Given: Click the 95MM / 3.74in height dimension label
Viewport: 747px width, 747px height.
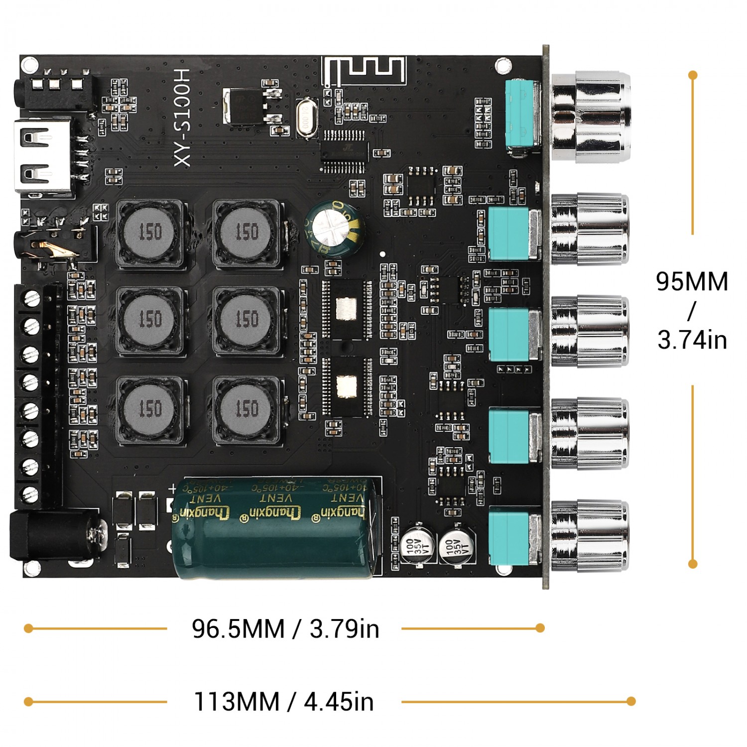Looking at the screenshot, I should (x=692, y=310).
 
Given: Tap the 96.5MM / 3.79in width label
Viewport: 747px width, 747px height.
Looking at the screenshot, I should (x=285, y=628).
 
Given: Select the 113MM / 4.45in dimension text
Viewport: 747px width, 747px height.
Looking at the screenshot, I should (x=283, y=702).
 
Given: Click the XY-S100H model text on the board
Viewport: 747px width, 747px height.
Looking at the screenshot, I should (x=182, y=118).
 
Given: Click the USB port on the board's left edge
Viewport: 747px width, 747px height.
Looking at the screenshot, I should (x=42, y=156).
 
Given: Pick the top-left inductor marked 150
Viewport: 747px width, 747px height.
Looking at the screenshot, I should (x=150, y=232).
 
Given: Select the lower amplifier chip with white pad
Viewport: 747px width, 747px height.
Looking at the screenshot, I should (x=346, y=386).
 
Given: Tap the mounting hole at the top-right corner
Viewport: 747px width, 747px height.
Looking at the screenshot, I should (x=503, y=64).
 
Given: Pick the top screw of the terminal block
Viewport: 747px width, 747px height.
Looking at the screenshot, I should (x=31, y=299).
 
